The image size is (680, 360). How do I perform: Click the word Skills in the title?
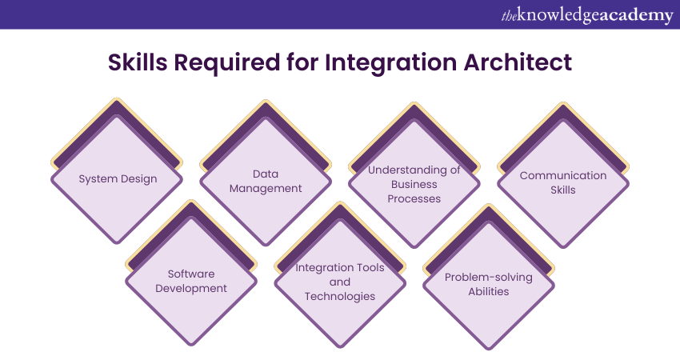[x=138, y=62]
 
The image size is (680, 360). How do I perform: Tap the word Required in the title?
[x=227, y=63]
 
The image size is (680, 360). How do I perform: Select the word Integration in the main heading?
[x=390, y=63]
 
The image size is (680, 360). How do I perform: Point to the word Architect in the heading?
[x=518, y=62]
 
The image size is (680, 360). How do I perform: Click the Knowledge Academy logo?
[x=587, y=16]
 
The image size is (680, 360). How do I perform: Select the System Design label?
[x=118, y=178]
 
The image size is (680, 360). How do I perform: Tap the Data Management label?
[x=266, y=181]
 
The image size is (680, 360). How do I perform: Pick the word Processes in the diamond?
[x=414, y=198]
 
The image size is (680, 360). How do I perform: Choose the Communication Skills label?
[x=563, y=182]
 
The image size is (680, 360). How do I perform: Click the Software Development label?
[x=191, y=281]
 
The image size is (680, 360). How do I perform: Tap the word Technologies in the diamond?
[x=340, y=296]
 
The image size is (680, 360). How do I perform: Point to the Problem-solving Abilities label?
[x=489, y=284]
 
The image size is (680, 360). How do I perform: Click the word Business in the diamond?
[x=414, y=184]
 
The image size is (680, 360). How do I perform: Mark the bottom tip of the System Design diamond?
[x=117, y=243]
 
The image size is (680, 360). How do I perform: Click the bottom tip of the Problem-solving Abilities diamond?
[x=489, y=348]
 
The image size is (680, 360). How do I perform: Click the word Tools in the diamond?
[x=373, y=268]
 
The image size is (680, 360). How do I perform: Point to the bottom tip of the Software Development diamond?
[x=191, y=345]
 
